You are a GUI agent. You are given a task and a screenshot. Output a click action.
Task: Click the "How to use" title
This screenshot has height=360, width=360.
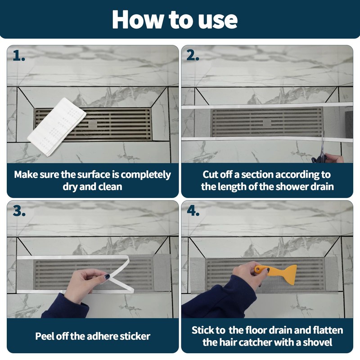coord(175,19)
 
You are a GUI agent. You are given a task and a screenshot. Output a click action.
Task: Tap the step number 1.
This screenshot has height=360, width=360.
coord(19,55)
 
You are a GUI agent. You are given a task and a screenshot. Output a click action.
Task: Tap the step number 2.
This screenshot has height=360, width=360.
coord(193,55)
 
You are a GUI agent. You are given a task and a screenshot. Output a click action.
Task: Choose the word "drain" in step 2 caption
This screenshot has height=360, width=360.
coord(320,186)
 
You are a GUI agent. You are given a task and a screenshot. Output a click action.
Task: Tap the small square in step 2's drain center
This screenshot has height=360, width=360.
coord(267,122)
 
